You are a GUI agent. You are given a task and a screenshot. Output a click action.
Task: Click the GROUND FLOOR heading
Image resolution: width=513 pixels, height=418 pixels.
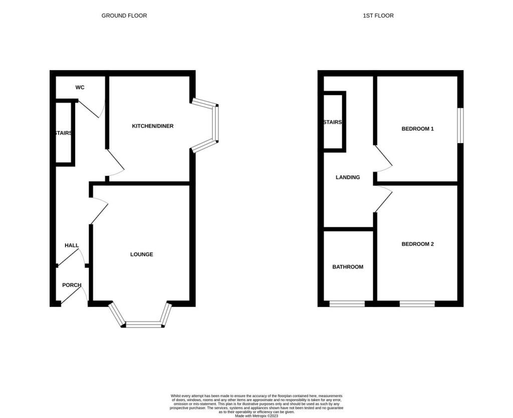[124, 16]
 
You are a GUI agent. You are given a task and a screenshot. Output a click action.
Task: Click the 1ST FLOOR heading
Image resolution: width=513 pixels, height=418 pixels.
[378, 16]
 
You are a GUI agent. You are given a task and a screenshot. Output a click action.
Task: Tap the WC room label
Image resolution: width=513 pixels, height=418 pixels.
[80, 87]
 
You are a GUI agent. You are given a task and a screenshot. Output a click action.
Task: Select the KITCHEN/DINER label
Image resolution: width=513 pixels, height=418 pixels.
[153, 126]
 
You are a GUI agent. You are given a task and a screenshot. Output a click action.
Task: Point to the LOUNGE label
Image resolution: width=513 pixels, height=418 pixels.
[142, 254]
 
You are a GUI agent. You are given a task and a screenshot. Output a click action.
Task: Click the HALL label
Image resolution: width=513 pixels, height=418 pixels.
[72, 245]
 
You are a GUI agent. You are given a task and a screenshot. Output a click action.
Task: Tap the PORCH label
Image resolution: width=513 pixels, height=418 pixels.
[72, 285]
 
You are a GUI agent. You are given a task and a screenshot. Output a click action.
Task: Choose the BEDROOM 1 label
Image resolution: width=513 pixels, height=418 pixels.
[417, 129]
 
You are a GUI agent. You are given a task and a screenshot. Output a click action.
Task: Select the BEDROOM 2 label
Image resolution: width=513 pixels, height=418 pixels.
[417, 244]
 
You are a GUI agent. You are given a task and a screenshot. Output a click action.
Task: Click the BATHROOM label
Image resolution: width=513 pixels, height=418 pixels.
[348, 267]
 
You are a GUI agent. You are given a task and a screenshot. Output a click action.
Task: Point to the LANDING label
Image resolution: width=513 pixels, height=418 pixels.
[348, 177]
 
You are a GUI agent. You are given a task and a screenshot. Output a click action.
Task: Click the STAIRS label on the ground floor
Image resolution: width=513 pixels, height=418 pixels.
[64, 133]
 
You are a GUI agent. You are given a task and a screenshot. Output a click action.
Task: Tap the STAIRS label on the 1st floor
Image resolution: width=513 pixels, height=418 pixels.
[333, 122]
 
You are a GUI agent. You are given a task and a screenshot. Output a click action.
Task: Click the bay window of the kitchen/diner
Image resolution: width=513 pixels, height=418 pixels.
[216, 124]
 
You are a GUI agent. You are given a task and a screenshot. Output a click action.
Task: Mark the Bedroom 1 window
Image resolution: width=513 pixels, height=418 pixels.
[460, 126]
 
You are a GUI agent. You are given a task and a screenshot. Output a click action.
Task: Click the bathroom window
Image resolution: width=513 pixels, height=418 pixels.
[347, 304]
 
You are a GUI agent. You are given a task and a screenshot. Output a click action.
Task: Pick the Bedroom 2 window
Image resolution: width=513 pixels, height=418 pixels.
[417, 304]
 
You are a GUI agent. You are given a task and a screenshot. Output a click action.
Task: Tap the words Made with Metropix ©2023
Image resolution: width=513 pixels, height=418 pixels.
[256, 416]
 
